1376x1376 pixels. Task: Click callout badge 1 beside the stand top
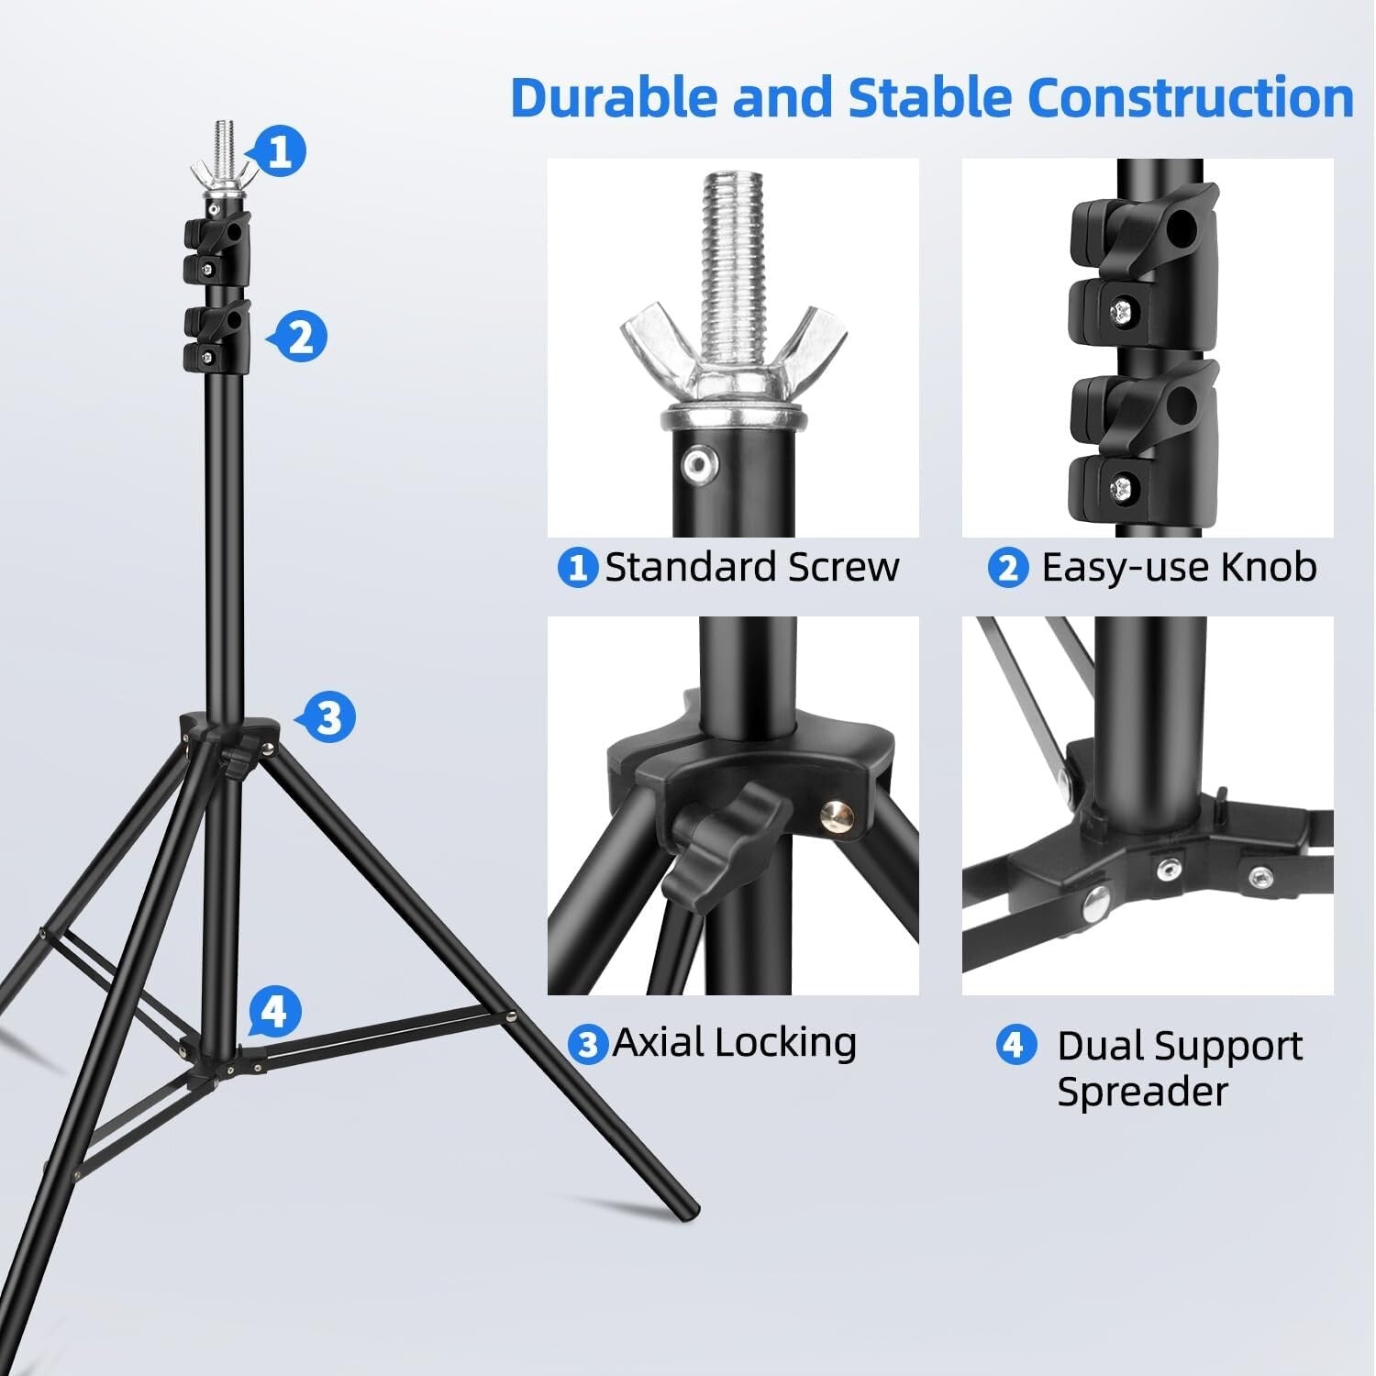click(x=281, y=150)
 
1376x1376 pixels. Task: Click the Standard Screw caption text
click(x=751, y=568)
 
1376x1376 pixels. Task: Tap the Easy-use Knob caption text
click(x=1179, y=568)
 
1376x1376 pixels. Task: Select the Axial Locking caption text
click(x=734, y=1042)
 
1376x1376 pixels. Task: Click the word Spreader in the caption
click(x=1142, y=1092)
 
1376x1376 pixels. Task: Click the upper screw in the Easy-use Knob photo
click(x=1122, y=315)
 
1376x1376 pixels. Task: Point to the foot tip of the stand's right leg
click(x=688, y=1211)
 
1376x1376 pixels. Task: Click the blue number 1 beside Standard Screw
click(x=577, y=568)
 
